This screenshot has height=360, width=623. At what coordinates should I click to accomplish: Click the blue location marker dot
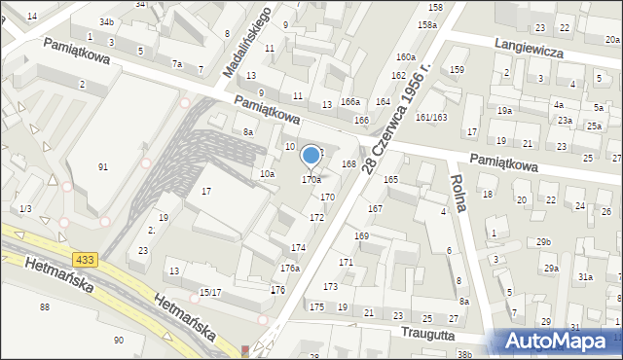tap(311, 155)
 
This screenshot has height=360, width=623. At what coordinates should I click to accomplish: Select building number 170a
tap(311, 180)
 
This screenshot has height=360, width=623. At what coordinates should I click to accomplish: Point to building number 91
tap(103, 167)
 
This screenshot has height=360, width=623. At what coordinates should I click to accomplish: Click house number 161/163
tap(430, 118)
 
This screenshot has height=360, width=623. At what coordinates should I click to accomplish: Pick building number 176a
tap(289, 268)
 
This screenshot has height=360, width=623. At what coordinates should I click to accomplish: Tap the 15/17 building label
tap(211, 292)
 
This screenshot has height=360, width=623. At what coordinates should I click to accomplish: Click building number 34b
tap(106, 21)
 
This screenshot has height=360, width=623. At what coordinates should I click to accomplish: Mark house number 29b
tap(542, 241)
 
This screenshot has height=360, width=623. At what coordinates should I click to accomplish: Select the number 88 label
tap(44, 307)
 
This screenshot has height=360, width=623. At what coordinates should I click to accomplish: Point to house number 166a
tap(349, 102)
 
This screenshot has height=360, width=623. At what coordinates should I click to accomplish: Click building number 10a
tap(266, 173)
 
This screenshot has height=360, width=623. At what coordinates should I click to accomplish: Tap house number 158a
tap(426, 24)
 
